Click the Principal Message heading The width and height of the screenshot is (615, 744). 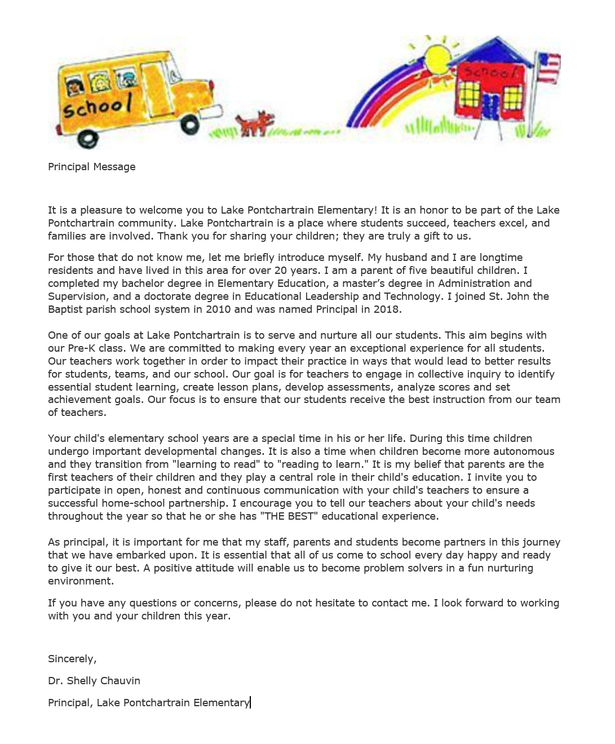coord(91,167)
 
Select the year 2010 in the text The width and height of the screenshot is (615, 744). coord(218,309)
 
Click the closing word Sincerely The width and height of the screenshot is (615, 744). coord(72,659)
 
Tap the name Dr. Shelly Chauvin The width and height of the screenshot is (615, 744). coord(94,681)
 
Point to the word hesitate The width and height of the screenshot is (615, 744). coord(335,603)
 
